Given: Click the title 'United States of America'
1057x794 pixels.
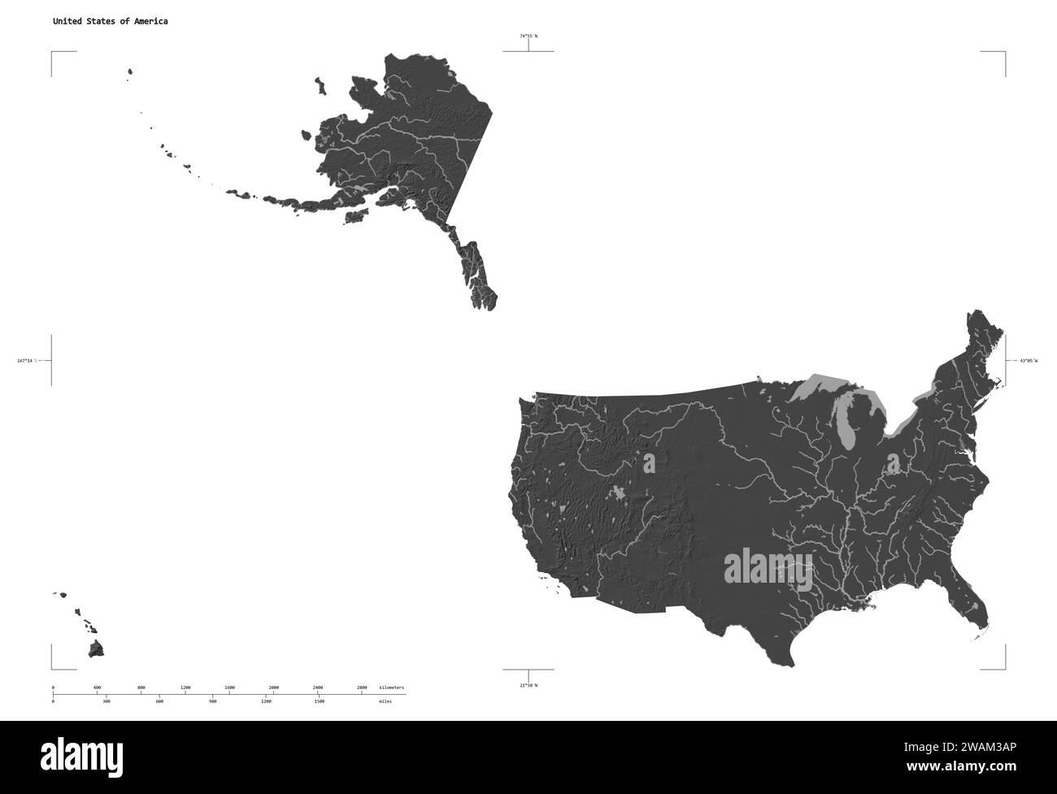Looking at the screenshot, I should point(111,21).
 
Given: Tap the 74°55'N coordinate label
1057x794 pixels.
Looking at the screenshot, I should point(528,36).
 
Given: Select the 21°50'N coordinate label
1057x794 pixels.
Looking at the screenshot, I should point(528,685).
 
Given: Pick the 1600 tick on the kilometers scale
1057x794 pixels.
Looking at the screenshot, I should point(229,688).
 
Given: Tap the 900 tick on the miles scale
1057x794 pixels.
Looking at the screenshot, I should point(213,701).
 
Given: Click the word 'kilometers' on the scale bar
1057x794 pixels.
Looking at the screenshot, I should point(391,688).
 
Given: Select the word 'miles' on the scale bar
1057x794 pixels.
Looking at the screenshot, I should point(385,701).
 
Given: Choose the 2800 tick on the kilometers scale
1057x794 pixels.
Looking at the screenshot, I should point(362,688).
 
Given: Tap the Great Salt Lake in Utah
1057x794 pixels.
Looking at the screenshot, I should point(649,463).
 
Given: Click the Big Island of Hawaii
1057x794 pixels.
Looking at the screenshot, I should point(97,649).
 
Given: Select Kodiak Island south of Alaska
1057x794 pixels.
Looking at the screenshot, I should point(355,217).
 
